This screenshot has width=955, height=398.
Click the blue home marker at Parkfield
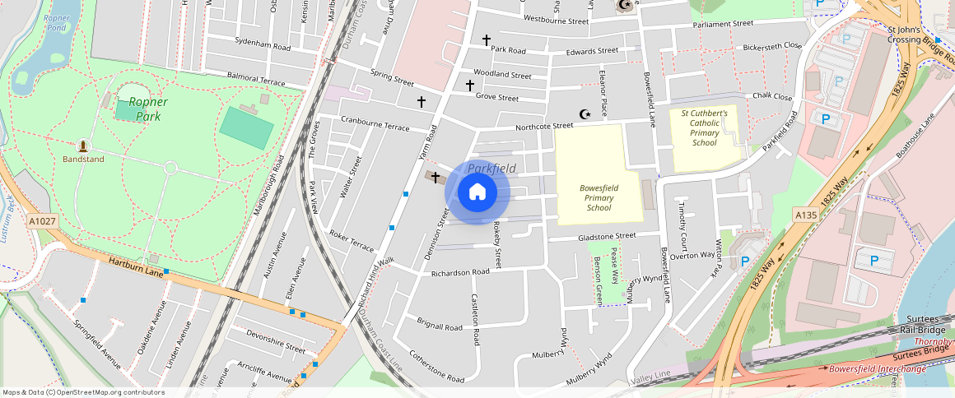pyautogui.click(x=477, y=192)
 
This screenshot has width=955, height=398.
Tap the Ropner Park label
pyautogui.click(x=148, y=109)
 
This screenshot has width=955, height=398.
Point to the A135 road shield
pyautogui.click(x=805, y=215)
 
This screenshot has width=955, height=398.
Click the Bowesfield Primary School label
pyautogui.click(x=599, y=197)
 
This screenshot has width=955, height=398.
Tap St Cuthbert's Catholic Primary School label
pyautogui.click(x=704, y=127)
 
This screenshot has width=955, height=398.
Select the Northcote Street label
pyautogui.click(x=543, y=126)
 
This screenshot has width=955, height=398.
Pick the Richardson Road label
pyautogui.click(x=460, y=272)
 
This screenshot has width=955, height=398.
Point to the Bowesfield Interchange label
pyautogui.click(x=877, y=369)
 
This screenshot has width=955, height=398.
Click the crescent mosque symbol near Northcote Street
pyautogui.click(x=585, y=114)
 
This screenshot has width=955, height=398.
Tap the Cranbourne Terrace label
pyautogui.click(x=375, y=123)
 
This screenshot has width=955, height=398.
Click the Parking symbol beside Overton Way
pyautogui.click(x=745, y=261)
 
